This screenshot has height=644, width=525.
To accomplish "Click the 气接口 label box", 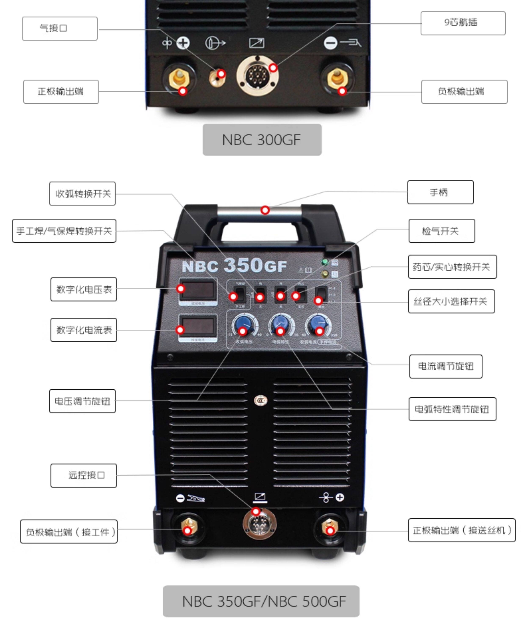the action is [x=59, y=28].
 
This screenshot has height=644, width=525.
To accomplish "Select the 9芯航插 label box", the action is [x=463, y=23].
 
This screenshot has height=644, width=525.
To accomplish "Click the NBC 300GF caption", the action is [x=262, y=140].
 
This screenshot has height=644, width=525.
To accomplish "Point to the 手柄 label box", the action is [x=440, y=192].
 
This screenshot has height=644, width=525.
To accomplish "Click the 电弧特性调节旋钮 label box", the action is [x=452, y=409].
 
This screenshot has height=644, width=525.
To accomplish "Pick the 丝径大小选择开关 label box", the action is [x=451, y=301].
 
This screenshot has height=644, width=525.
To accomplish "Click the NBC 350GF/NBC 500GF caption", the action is [x=261, y=601].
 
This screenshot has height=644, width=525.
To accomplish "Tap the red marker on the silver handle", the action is [x=265, y=210].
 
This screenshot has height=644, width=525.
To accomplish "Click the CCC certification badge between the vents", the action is [x=260, y=401].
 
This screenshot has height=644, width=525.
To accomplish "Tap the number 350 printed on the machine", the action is [x=243, y=265].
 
